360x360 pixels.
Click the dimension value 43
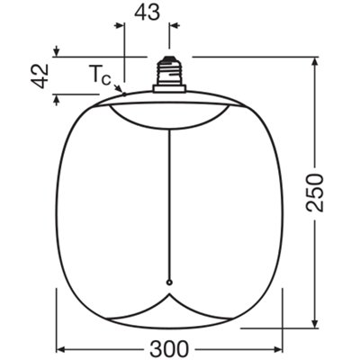[x=147, y=13]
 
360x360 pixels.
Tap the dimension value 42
[x=40, y=76]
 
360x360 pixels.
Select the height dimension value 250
[x=315, y=193]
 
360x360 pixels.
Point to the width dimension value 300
[x=169, y=349]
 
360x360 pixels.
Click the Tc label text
[x=100, y=75]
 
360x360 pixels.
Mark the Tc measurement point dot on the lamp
[x=124, y=94]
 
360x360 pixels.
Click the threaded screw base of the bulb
[x=169, y=71]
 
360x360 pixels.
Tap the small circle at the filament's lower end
[x=169, y=283]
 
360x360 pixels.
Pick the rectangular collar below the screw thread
[x=169, y=88]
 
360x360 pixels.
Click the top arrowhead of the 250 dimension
[x=314, y=61]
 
